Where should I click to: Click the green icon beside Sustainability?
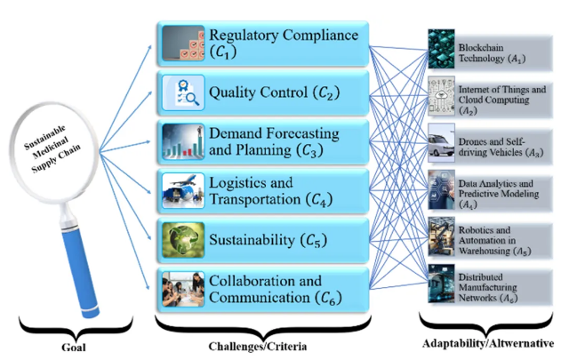click(184, 238)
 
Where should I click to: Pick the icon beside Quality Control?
click(184, 91)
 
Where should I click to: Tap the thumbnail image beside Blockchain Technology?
click(441, 46)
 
